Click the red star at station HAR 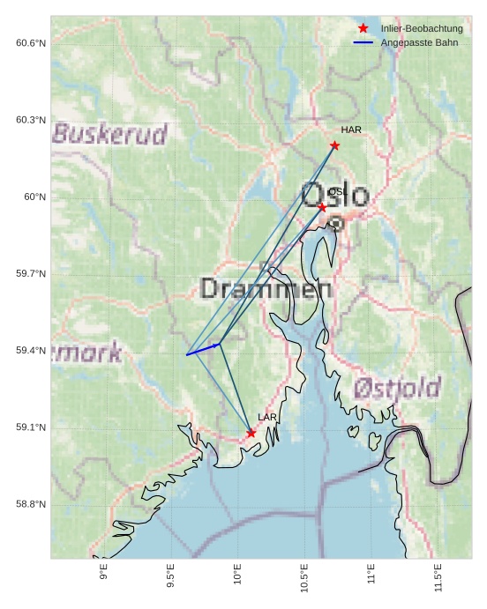pyautogui.click(x=334, y=145)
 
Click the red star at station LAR pyautogui.click(x=251, y=433)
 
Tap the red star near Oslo pyautogui.click(x=322, y=207)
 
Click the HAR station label pyautogui.click(x=351, y=130)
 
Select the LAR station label pyautogui.click(x=267, y=417)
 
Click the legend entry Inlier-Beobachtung pyautogui.click(x=421, y=29)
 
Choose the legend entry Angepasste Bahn pyautogui.click(x=419, y=42)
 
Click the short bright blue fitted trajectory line pyautogui.click(x=203, y=350)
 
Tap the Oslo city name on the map pyautogui.click(x=335, y=195)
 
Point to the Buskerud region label pyautogui.click(x=110, y=134)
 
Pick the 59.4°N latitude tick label pyautogui.click(x=31, y=351)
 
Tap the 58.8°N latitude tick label pyautogui.click(x=31, y=504)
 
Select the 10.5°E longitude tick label pyautogui.click(x=304, y=578)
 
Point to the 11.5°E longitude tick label pyautogui.click(x=438, y=578)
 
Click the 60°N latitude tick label pyautogui.click(x=34, y=197)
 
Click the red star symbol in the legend pyautogui.click(x=363, y=29)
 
